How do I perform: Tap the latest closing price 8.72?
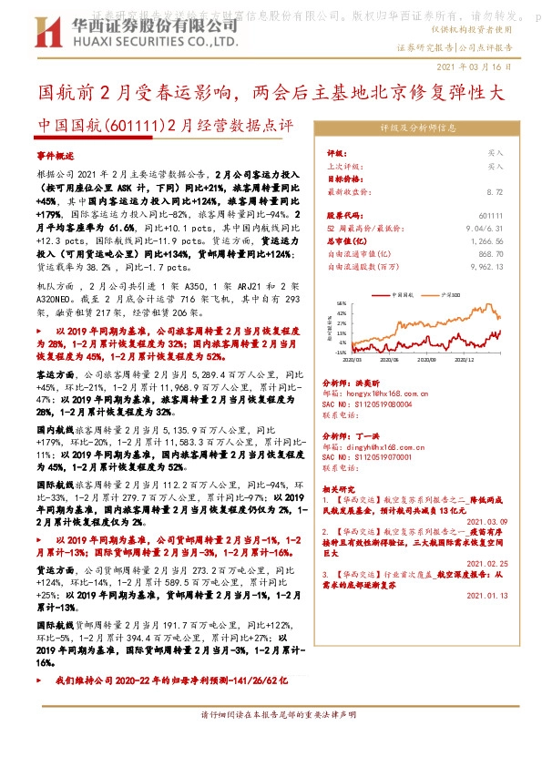[495, 192]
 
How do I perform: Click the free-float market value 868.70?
[490, 254]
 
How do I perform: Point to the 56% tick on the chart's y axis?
[340, 303]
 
